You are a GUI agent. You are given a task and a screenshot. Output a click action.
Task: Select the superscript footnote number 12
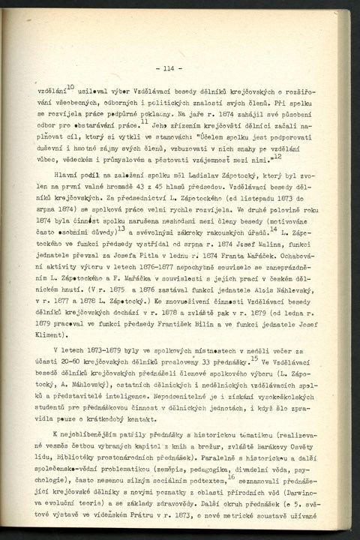[x=277, y=155]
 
